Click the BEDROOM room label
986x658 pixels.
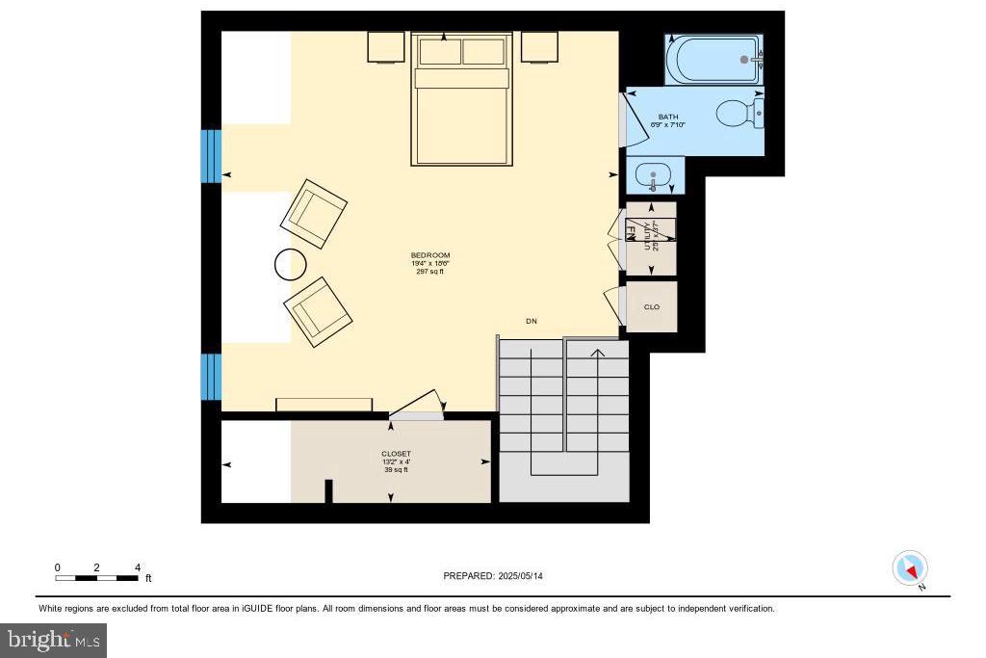(x=430, y=255)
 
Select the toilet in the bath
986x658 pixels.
(x=739, y=114)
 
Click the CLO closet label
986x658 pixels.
(x=652, y=307)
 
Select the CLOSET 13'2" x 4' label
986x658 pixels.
(x=396, y=454)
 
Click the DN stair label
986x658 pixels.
(x=531, y=321)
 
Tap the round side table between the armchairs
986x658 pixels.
(x=290, y=264)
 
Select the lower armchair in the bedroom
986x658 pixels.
(x=318, y=311)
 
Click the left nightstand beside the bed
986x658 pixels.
(x=385, y=46)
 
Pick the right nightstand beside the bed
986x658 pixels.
(x=540, y=46)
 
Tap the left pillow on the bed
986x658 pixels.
(x=440, y=52)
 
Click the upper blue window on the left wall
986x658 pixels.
(x=211, y=155)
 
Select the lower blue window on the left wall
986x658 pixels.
(x=211, y=377)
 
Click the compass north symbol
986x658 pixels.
(x=910, y=568)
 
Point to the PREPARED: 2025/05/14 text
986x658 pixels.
(x=499, y=576)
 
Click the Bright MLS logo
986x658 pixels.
(x=54, y=640)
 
